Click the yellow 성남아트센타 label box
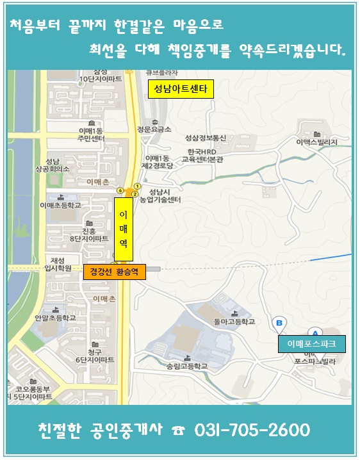pos(179,88)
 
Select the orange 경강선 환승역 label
pos(114,272)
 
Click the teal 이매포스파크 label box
pos(311,345)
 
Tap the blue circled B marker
pos(279,323)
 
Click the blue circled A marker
pos(315,332)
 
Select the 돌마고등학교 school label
pos(234,321)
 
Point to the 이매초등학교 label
pos(60,206)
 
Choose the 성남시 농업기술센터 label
pos(164,195)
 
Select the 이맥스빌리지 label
pos(316,142)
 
